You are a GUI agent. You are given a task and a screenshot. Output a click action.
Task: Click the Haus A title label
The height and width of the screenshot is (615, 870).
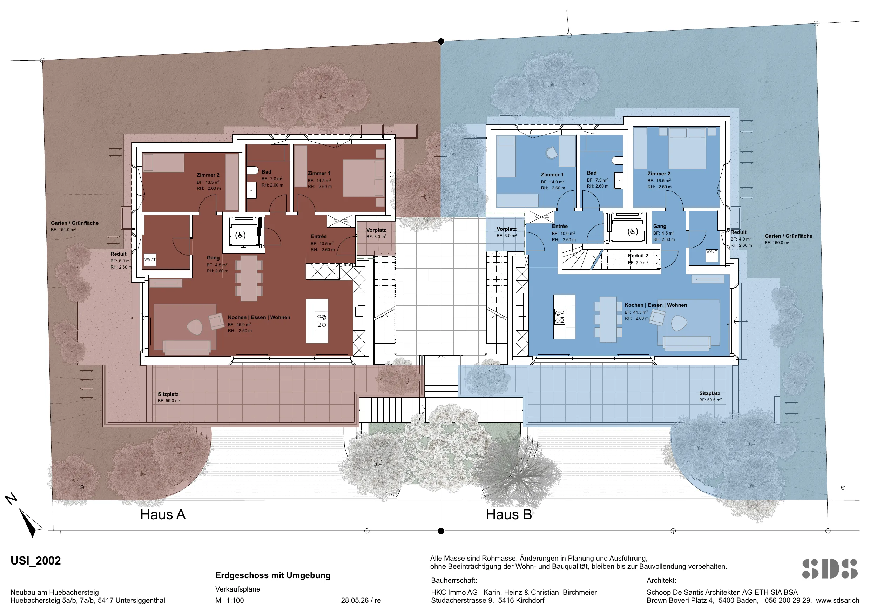(163, 515)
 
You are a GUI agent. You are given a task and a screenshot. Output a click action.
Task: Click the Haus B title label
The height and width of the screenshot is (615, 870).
(509, 515)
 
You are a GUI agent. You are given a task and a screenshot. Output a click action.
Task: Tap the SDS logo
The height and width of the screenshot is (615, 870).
(830, 568)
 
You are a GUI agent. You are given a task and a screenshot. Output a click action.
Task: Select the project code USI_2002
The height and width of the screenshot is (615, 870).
(36, 561)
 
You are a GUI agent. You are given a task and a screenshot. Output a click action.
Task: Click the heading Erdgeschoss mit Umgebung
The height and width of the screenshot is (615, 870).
(273, 575)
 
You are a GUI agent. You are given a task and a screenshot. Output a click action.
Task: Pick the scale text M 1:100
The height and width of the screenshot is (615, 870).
(230, 600)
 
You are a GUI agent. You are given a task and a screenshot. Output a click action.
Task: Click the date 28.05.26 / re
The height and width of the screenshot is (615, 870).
(361, 600)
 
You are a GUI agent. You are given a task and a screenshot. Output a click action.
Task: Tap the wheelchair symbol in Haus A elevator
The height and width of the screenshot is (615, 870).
(240, 235)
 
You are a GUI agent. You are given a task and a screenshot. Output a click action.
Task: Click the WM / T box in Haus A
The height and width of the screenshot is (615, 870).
(150, 260)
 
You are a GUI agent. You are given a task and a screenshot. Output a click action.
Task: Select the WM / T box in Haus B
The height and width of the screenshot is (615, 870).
(711, 255)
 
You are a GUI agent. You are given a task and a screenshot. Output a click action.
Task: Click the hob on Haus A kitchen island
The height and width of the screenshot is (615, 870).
(322, 320)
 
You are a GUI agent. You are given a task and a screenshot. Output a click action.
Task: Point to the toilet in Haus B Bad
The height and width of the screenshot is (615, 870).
(618, 161)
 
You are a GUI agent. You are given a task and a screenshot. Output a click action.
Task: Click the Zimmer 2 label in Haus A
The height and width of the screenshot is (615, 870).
(208, 175)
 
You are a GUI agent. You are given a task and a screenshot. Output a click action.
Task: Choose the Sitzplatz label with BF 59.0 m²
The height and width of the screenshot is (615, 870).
(168, 394)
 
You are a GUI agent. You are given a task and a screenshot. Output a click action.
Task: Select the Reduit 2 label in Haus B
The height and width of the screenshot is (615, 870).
(638, 256)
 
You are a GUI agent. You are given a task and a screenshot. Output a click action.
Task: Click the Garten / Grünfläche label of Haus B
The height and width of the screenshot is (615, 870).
(788, 236)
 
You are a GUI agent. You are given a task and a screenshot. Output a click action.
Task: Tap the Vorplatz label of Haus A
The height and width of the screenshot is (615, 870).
(376, 230)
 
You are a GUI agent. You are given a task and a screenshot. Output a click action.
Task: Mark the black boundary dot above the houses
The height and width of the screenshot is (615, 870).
(441, 41)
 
